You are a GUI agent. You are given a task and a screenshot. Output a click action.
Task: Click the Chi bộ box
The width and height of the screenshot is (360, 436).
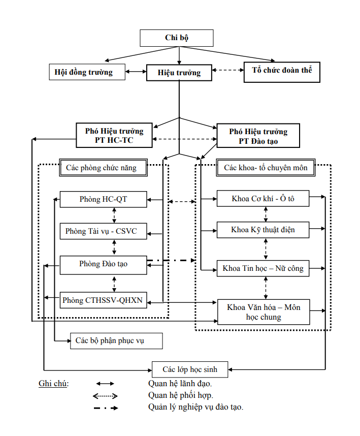177,38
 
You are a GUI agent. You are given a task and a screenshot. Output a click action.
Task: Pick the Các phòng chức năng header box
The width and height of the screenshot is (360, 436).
104,167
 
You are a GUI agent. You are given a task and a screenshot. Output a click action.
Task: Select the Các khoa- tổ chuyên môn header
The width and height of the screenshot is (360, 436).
266,168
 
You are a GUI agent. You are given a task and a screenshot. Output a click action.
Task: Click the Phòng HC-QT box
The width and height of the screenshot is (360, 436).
104,199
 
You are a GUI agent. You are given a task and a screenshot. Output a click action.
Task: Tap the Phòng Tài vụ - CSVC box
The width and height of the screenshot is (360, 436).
104,231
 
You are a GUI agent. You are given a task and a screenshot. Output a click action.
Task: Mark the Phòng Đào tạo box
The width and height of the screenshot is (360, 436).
104,263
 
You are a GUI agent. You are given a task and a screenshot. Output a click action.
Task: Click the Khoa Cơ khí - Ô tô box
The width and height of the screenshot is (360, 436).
263,199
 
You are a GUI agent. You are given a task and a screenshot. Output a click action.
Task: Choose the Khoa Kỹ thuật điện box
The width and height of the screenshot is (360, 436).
263,230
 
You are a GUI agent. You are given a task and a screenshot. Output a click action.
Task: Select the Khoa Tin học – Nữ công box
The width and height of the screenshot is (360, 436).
263,268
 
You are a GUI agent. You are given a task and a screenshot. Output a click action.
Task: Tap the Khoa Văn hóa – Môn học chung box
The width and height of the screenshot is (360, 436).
263,312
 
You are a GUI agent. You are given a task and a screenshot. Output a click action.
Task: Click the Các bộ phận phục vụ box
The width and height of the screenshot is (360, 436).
116,340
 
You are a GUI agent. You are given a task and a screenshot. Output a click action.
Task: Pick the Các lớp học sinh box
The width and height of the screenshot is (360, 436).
190,369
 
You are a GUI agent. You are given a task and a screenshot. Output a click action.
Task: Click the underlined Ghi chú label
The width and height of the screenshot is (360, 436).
53,383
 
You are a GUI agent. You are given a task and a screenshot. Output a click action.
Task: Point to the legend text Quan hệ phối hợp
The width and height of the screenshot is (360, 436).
181,395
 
